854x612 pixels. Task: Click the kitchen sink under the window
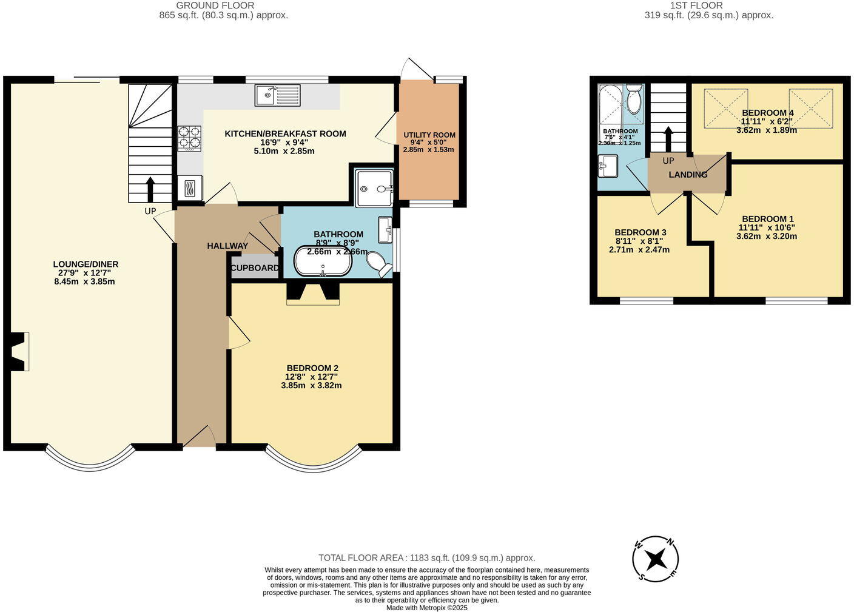tap(277, 95)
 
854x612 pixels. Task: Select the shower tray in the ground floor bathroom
tap(374, 189)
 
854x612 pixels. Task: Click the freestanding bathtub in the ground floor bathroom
tap(321, 262)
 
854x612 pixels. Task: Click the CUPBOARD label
tap(255, 267)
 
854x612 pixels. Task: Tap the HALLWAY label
tap(227, 246)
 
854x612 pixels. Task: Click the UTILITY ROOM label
tap(429, 135)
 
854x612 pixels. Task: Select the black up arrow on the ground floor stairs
tap(150, 188)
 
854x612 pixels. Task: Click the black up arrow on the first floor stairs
tap(668, 139)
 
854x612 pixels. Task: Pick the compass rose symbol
tap(656, 558)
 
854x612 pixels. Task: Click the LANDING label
tap(688, 175)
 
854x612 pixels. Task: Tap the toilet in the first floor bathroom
tap(634, 100)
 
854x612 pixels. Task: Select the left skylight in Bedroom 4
tap(725, 109)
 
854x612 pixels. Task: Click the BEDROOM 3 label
tap(640, 232)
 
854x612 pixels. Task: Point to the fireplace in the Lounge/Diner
tap(19, 351)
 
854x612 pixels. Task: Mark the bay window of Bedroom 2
tap(314, 460)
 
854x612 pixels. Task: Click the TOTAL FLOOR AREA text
tap(426, 557)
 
